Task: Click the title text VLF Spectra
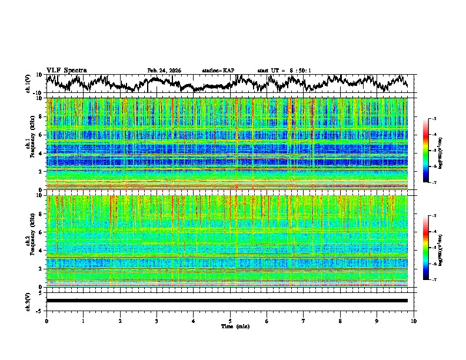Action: coord(66,70)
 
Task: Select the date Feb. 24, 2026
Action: coord(164,71)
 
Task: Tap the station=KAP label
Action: coord(218,71)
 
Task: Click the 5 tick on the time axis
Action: coord(230,321)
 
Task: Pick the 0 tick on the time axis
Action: coord(46,321)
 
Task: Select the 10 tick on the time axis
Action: coord(414,321)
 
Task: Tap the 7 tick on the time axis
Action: coord(304,321)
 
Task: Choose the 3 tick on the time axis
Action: coord(157,321)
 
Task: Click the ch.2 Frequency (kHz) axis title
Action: coord(30,240)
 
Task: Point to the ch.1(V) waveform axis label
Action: coord(28,84)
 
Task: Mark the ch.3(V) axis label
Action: coord(28,301)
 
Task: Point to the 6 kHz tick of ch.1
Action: coord(41,135)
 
